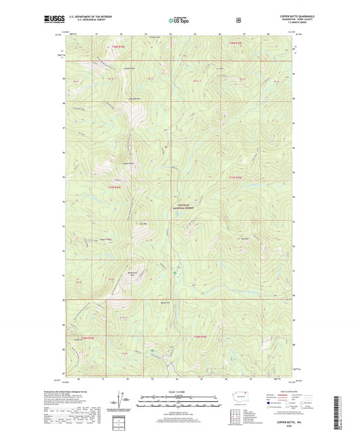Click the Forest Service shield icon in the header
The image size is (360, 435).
coord(238,20)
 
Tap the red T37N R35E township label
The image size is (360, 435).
coord(234,178)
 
